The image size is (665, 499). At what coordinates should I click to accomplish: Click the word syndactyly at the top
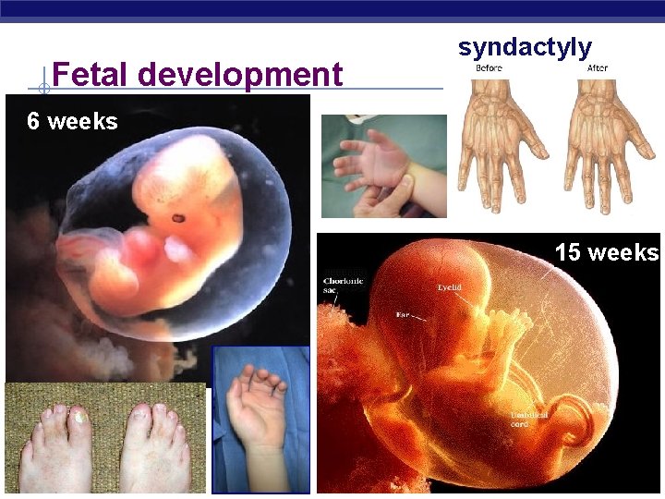pyautogui.click(x=525, y=47)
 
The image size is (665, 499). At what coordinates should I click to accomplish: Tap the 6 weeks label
pyautogui.click(x=72, y=121)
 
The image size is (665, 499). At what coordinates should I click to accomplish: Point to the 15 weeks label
pyautogui.click(x=606, y=252)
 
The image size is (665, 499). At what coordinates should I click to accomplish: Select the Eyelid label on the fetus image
pyautogui.click(x=449, y=287)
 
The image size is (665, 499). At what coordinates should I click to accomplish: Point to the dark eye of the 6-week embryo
pyautogui.click(x=176, y=219)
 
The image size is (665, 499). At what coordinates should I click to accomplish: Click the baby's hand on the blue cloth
pyautogui.click(x=260, y=407)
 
